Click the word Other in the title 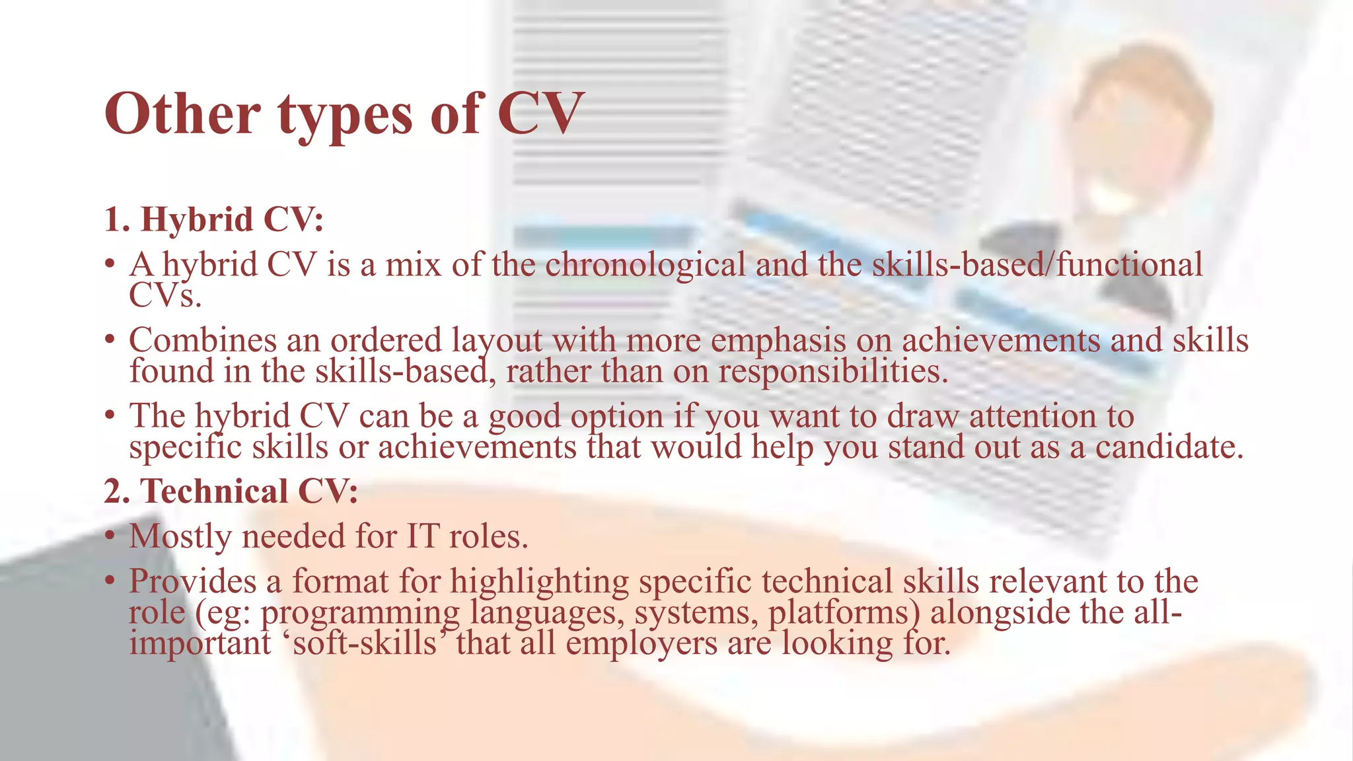(x=182, y=114)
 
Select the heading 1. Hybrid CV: (x=213, y=220)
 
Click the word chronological (x=645, y=266)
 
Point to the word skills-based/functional (x=1037, y=266)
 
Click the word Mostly (x=180, y=537)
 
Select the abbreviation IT (x=423, y=536)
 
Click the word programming (x=360, y=614)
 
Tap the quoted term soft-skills (x=365, y=643)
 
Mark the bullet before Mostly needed (x=110, y=536)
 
